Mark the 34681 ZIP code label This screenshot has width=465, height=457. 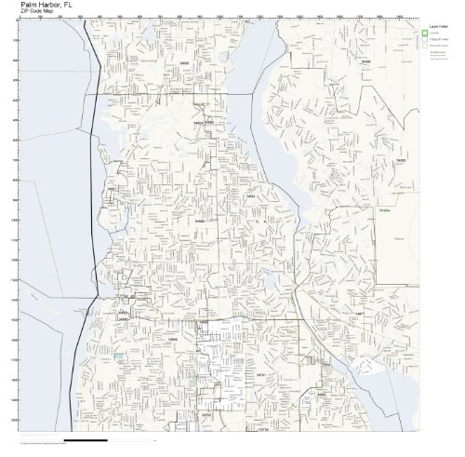click(x=112, y=189)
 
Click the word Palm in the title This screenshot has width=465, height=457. click(x=27, y=5)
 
